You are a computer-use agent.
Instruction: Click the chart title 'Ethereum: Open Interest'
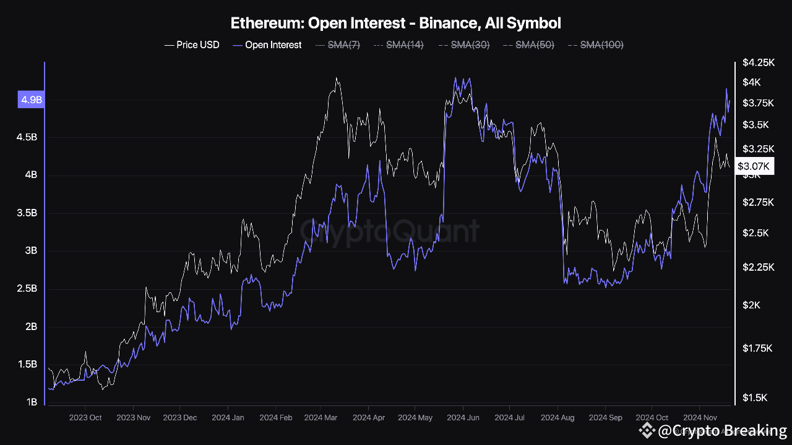click(x=395, y=23)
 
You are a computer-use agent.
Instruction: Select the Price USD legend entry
click(x=192, y=45)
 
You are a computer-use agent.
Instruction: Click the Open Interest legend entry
click(x=267, y=45)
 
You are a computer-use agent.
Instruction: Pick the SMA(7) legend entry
click(x=338, y=45)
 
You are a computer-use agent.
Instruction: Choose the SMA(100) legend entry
click(x=595, y=45)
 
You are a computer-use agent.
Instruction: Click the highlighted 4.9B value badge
click(x=31, y=100)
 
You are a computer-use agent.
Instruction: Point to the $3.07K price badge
click(x=754, y=166)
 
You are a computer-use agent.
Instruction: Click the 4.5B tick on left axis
click(x=27, y=137)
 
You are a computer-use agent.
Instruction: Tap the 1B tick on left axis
click(x=31, y=402)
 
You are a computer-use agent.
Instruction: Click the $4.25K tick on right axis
click(x=758, y=62)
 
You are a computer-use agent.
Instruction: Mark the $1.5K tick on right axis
click(x=755, y=397)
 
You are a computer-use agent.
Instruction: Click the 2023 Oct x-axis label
click(x=86, y=418)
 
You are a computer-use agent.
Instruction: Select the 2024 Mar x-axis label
click(x=321, y=418)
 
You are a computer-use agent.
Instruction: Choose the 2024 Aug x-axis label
click(x=557, y=418)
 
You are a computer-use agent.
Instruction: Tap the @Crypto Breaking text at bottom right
click(x=721, y=430)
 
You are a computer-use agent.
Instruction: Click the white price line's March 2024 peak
click(x=336, y=78)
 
